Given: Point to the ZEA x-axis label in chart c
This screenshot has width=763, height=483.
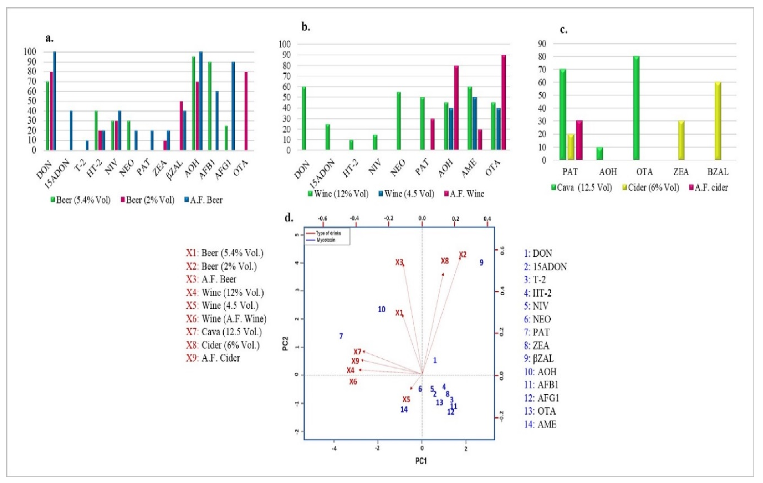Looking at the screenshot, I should tap(681, 172).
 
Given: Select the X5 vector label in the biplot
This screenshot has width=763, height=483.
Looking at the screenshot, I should tap(406, 399).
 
